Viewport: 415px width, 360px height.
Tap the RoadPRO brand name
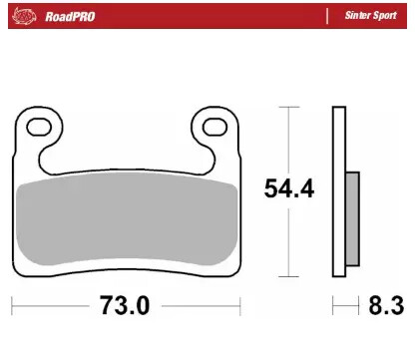click(x=70, y=17)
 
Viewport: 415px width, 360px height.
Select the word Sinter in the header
click(x=358, y=17)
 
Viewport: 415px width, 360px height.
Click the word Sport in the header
click(x=387, y=17)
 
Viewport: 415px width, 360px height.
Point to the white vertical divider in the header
click(x=326, y=17)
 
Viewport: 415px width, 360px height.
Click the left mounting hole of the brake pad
click(x=41, y=127)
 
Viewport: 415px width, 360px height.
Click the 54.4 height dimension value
click(x=288, y=187)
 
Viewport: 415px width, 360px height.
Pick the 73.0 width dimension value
click(x=126, y=305)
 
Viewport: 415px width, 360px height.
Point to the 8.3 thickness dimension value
click(x=387, y=305)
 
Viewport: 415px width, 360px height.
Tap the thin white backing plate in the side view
click(x=337, y=189)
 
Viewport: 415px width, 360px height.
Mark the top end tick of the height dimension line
click(x=288, y=106)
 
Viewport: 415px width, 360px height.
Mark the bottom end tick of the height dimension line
click(x=288, y=276)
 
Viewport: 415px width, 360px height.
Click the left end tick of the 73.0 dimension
click(x=14, y=305)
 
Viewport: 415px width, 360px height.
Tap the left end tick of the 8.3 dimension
click(x=332, y=305)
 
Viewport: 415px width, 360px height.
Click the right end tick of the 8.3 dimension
click(x=358, y=305)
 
